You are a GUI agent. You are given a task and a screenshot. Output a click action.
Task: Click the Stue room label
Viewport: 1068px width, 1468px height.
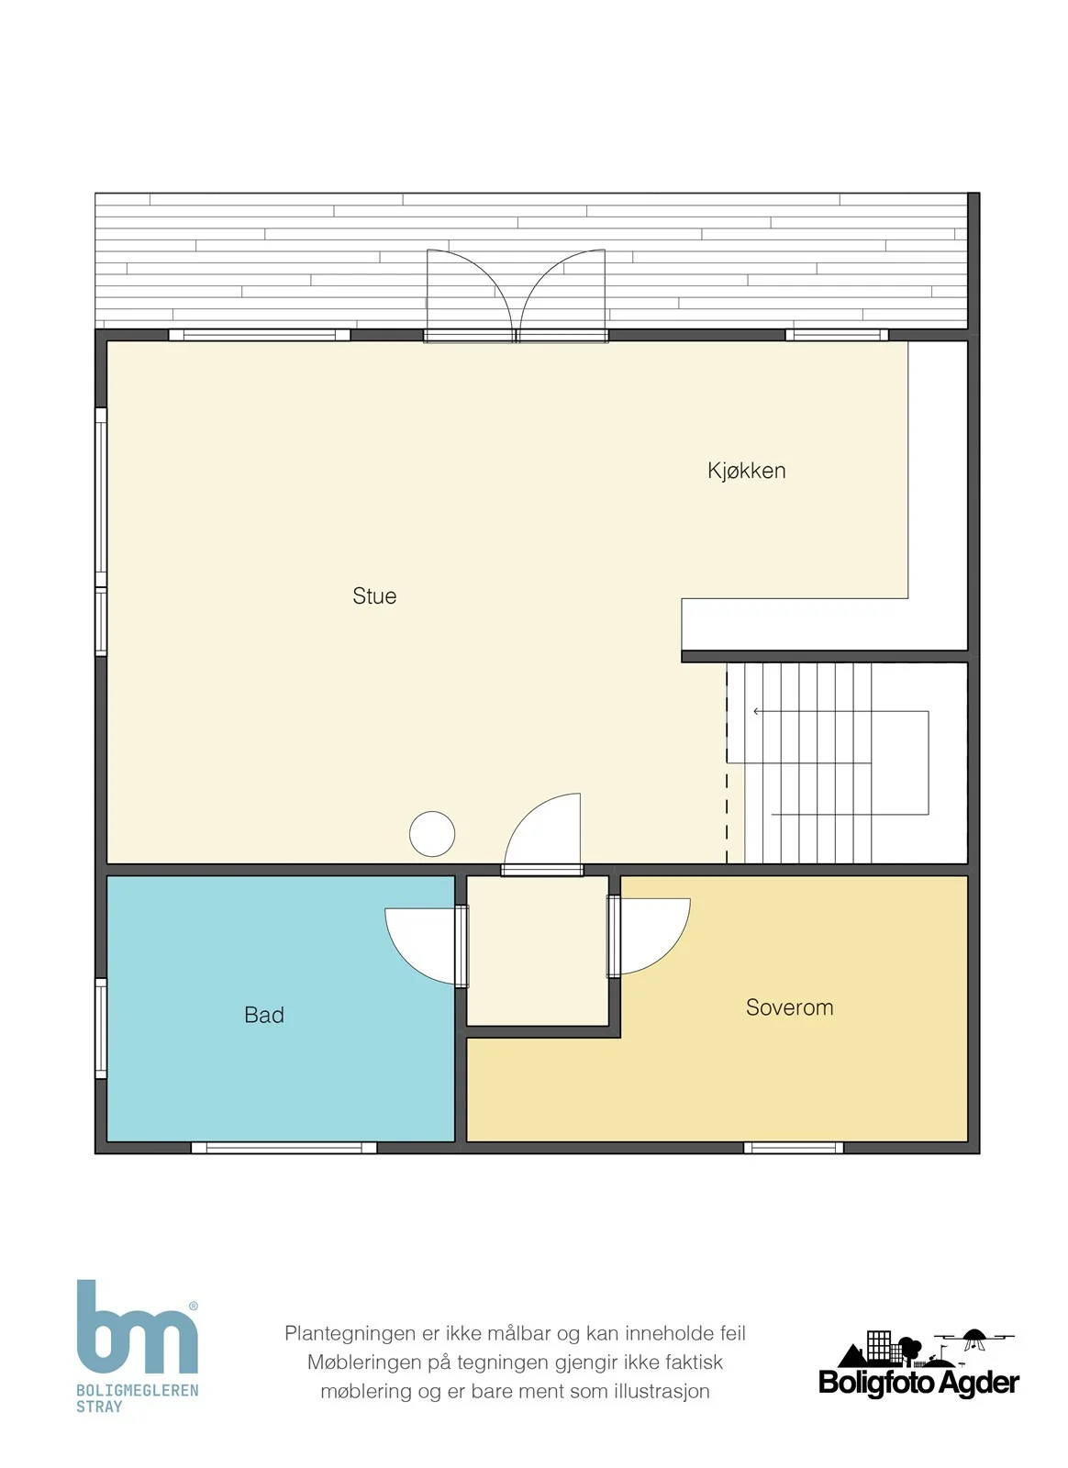point(374,595)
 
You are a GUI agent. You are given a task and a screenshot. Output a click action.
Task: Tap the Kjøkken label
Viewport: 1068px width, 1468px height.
point(746,471)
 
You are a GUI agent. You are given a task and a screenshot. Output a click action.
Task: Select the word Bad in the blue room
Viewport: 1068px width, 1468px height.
point(264,1015)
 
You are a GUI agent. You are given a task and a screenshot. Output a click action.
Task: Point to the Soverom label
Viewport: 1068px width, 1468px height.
point(790,1006)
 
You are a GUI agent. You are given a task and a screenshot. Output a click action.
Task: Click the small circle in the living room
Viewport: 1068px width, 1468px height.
point(432,834)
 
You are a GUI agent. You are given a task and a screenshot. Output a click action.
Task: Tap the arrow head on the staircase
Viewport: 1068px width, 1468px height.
point(757,711)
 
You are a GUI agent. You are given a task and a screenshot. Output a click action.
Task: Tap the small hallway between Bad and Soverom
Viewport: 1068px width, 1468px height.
point(538,951)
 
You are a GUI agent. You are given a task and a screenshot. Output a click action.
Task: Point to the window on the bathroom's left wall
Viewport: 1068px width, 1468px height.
point(101,1029)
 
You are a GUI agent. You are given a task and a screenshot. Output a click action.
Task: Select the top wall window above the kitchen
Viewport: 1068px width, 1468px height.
point(837,335)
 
